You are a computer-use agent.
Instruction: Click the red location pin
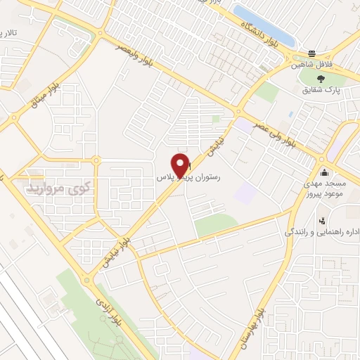[181, 165]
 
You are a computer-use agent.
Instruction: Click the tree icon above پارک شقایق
[321, 79]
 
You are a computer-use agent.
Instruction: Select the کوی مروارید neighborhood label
[59, 188]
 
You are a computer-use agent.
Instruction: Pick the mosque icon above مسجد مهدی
[323, 172]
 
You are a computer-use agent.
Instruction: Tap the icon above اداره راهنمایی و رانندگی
[321, 219]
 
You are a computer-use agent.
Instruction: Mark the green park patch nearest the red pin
[216, 225]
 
